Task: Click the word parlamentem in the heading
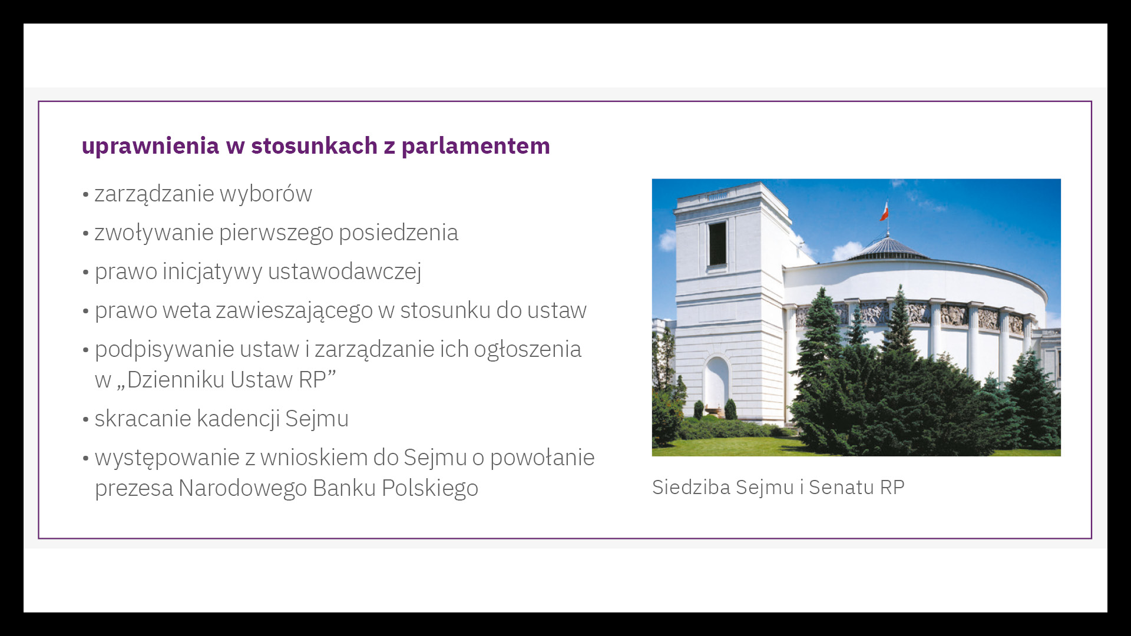475,147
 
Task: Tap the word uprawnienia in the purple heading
150,147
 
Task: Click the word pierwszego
276,233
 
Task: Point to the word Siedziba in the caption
691,487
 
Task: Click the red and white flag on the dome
884,211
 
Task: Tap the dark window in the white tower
717,243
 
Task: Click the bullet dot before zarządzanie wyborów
86,194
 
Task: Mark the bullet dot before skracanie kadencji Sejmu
86,419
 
